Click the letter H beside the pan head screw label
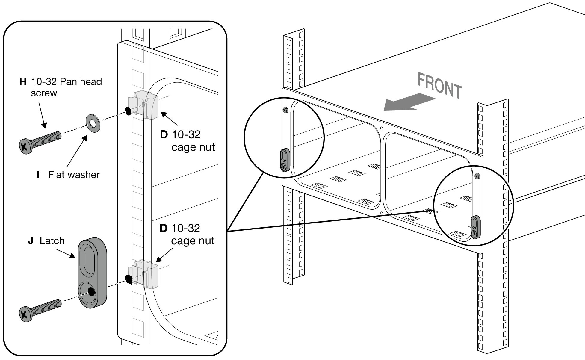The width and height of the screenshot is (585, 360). click(x=23, y=81)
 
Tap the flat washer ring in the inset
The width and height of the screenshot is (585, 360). click(x=93, y=123)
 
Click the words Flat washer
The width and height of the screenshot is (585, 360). click(x=74, y=175)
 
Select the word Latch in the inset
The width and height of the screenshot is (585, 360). click(x=52, y=241)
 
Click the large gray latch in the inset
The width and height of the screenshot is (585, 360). click(x=92, y=273)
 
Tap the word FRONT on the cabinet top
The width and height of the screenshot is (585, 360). click(x=439, y=86)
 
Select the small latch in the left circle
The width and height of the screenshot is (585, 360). click(x=285, y=160)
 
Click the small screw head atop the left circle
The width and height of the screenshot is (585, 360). click(x=285, y=110)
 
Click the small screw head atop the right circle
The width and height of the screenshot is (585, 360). click(x=477, y=176)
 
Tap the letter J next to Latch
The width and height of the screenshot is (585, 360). click(x=31, y=241)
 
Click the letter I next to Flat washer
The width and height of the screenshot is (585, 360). click(x=38, y=175)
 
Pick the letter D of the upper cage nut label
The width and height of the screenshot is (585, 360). click(x=164, y=134)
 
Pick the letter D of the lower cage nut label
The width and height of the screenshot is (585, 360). click(x=164, y=228)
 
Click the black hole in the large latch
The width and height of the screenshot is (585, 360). click(x=91, y=291)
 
